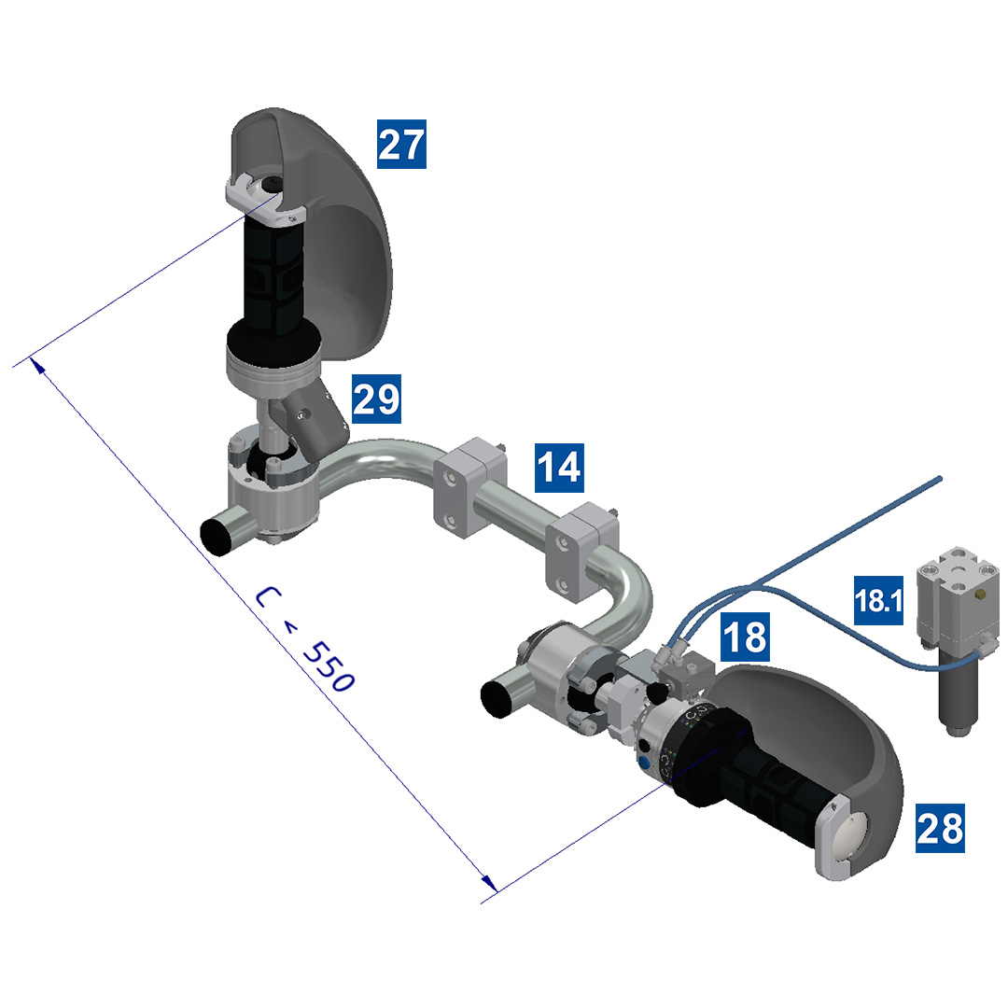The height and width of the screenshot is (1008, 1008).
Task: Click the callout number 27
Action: click(x=401, y=145)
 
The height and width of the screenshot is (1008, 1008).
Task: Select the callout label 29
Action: click(x=376, y=399)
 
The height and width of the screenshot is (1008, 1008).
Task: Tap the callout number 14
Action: click(x=559, y=468)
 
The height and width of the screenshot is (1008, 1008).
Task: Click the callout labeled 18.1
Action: click(x=878, y=601)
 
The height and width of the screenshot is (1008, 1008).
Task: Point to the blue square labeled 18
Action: click(x=744, y=637)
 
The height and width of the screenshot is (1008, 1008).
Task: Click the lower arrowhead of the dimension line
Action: click(x=486, y=882)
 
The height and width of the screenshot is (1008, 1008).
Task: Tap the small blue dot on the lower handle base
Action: click(x=643, y=763)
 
